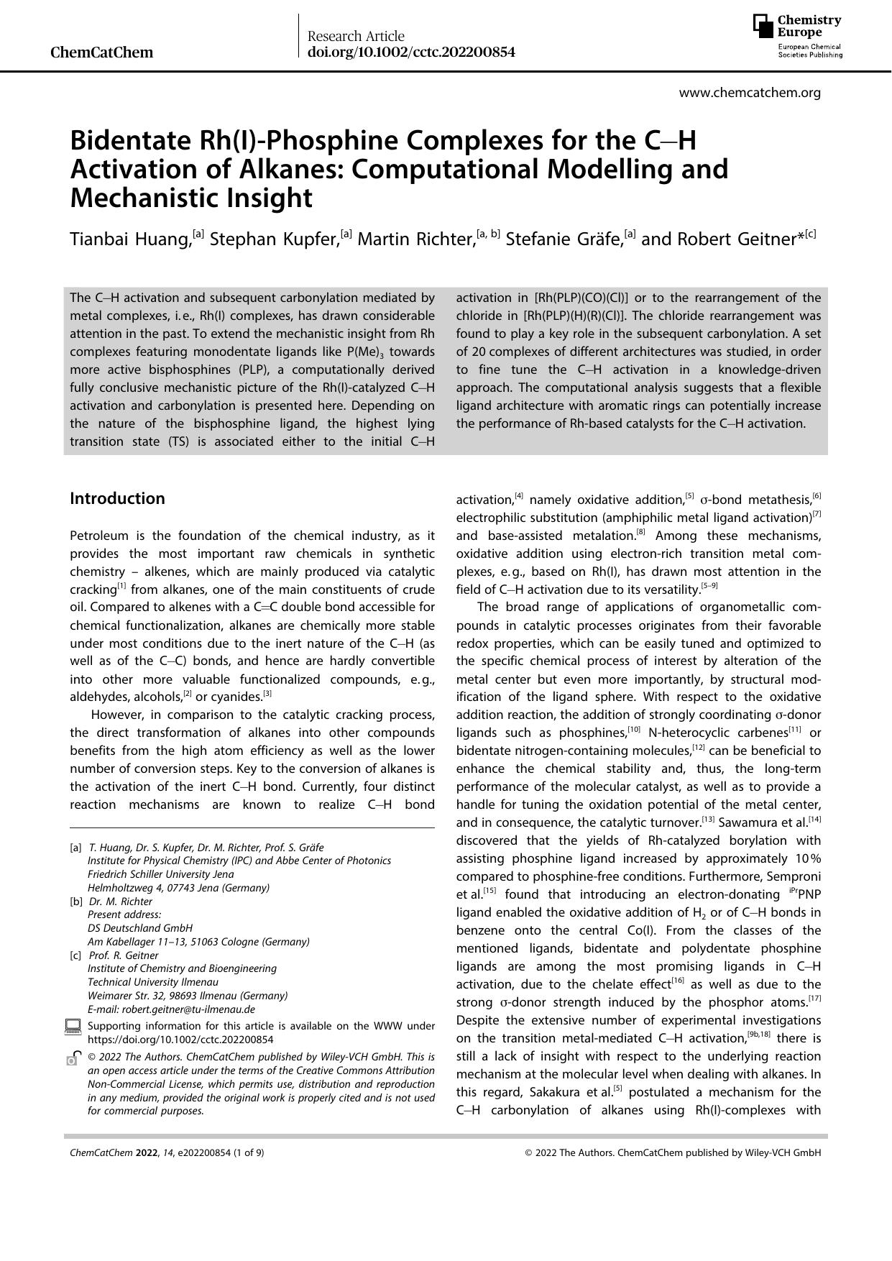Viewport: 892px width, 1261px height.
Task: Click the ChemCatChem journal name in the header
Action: [102, 52]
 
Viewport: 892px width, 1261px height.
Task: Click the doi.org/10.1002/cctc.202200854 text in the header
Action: [410, 52]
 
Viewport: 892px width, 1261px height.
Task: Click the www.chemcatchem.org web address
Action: [749, 93]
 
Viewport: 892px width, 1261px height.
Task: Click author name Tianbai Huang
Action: [130, 239]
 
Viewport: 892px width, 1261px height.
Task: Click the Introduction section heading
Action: [117, 499]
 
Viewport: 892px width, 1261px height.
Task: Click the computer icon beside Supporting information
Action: [73, 1027]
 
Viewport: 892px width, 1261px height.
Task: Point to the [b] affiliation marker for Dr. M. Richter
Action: [75, 902]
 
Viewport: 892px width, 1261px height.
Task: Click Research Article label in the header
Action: [356, 36]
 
